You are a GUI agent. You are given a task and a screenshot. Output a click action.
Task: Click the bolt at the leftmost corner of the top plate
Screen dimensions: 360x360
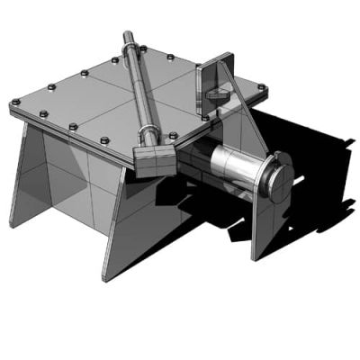15,103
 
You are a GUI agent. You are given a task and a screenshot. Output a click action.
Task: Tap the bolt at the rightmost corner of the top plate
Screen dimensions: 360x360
261,87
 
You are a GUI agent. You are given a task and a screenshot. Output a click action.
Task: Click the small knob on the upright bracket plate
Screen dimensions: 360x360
216,93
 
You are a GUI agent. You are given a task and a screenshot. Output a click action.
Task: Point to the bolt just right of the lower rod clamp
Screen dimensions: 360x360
170,135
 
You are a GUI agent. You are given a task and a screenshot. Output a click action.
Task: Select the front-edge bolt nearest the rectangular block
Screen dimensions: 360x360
105,139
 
